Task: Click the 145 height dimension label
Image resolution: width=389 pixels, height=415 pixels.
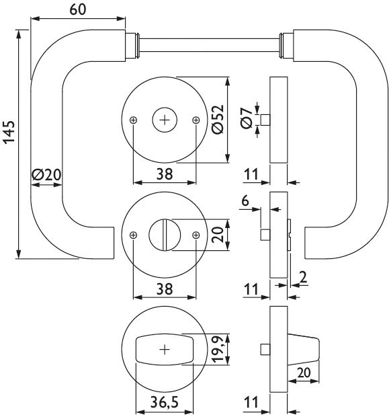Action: click(x=9, y=133)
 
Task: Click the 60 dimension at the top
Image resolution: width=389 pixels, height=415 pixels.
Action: click(x=78, y=9)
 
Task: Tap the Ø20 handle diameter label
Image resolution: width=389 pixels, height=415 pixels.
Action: click(x=46, y=175)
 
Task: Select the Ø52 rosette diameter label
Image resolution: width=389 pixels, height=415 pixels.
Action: click(x=218, y=120)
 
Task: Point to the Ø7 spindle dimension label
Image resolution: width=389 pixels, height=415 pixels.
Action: click(x=247, y=118)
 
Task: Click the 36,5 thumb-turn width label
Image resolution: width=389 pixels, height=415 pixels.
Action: click(x=165, y=402)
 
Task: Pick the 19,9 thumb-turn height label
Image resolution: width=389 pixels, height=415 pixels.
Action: click(x=218, y=349)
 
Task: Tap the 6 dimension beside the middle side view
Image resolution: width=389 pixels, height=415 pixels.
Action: click(x=245, y=200)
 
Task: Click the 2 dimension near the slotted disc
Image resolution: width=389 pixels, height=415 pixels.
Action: click(x=303, y=277)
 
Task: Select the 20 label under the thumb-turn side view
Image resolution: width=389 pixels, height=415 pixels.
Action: click(x=304, y=373)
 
